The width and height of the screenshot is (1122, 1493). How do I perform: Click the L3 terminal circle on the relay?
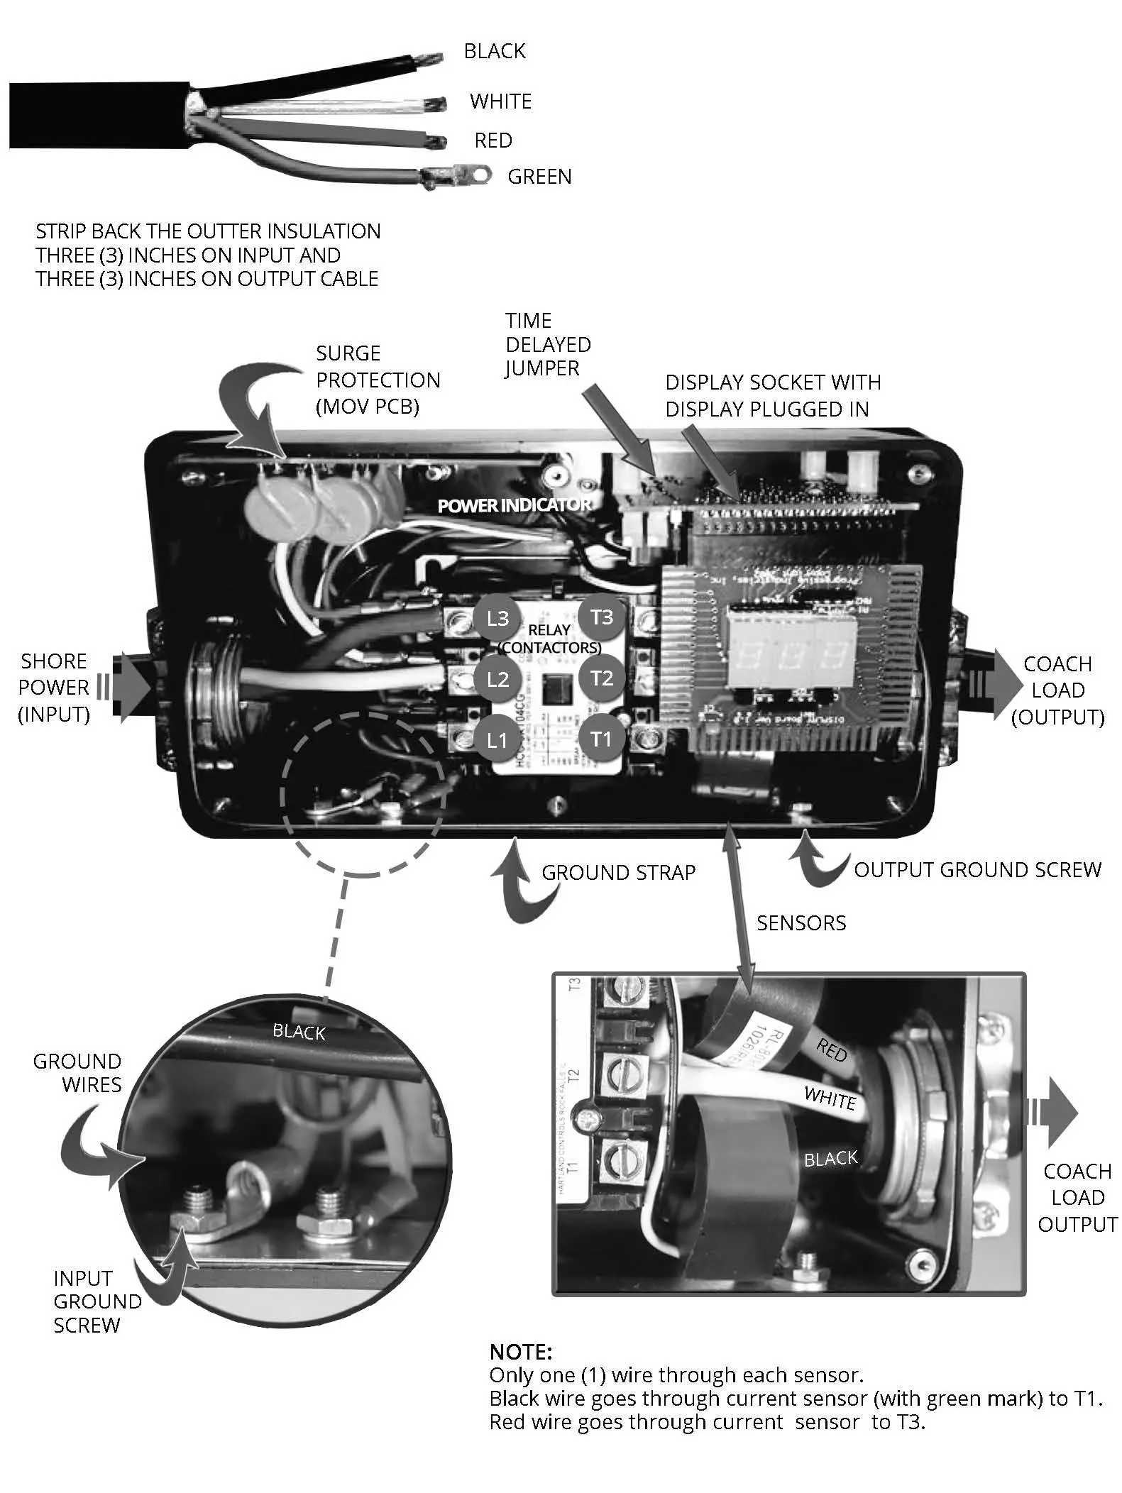coord(497,618)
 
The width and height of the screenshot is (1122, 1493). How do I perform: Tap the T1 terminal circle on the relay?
coord(600,739)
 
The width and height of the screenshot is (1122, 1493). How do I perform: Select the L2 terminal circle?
coord(497,679)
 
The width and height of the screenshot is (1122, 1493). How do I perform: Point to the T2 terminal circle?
coord(601,678)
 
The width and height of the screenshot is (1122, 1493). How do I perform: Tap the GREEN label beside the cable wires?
coord(539,177)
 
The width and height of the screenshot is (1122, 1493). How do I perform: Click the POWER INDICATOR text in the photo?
coord(514,505)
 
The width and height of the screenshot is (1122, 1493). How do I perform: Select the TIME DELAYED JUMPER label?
coord(548,345)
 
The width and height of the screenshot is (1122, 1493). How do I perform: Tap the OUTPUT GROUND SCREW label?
coord(977,870)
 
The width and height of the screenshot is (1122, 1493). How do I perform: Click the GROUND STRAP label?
coord(618,872)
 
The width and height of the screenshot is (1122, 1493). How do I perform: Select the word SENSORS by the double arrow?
coord(801,923)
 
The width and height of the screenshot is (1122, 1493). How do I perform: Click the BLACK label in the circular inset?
coord(299,1032)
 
